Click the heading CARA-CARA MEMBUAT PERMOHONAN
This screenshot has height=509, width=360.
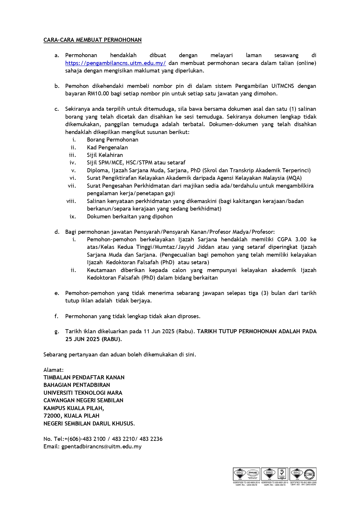(x=93, y=40)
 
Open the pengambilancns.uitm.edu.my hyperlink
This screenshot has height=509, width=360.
(x=115, y=63)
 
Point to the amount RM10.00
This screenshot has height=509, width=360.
(x=98, y=94)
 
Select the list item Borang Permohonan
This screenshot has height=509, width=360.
(x=113, y=140)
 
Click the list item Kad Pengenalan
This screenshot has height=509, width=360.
(x=107, y=147)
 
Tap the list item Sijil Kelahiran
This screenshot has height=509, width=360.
(x=105, y=155)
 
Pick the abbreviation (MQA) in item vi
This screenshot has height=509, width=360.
(x=294, y=178)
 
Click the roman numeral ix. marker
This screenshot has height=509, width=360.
(x=73, y=217)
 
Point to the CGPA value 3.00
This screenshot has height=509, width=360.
(x=301, y=240)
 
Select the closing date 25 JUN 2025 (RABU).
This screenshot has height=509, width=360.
(x=93, y=339)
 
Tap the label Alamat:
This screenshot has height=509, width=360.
(x=53, y=370)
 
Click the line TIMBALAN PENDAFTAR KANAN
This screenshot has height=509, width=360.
(x=84, y=378)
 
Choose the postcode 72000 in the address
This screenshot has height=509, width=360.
(x=52, y=416)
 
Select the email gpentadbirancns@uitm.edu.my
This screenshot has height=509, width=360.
(x=102, y=447)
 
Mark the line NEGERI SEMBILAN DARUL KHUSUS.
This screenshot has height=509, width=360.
(x=89, y=424)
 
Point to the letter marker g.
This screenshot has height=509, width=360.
(x=57, y=332)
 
